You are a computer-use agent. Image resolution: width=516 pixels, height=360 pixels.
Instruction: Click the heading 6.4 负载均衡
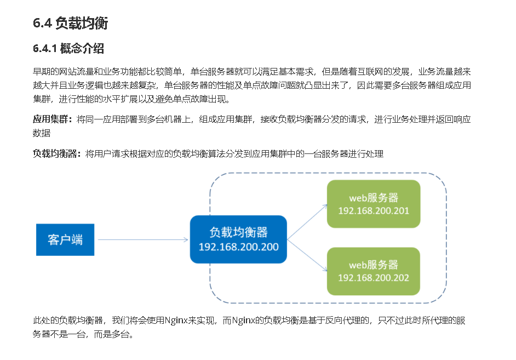point(70,24)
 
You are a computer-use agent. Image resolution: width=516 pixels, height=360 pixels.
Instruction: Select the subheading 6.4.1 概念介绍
point(68,49)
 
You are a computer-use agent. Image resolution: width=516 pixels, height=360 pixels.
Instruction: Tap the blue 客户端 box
point(65,239)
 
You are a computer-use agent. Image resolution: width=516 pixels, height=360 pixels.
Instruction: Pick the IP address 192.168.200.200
point(238,247)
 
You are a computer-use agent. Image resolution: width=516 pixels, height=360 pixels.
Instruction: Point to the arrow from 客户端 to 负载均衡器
point(142,239)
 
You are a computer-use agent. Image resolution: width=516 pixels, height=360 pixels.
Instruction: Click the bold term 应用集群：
point(53,119)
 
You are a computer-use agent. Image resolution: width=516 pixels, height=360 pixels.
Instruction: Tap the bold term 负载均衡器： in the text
point(57,154)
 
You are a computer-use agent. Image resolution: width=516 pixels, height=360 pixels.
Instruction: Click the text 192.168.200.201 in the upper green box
point(373,211)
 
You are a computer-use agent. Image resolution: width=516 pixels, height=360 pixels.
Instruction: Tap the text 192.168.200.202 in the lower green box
point(373,278)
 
